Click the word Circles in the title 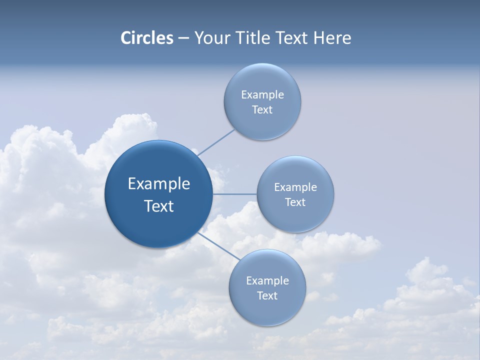click(147, 38)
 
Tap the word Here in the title click(332, 38)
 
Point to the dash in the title click(183, 38)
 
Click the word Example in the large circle click(159, 184)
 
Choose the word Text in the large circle click(159, 206)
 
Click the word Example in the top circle click(262, 95)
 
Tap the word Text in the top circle click(262, 110)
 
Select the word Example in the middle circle click(295, 187)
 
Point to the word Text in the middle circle click(295, 202)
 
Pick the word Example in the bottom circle click(267, 281)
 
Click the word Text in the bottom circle click(267, 296)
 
